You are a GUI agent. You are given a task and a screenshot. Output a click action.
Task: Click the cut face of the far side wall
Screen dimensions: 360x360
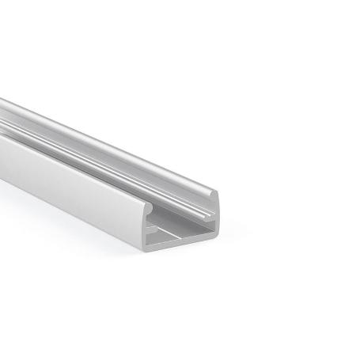pyautogui.click(x=211, y=214)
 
